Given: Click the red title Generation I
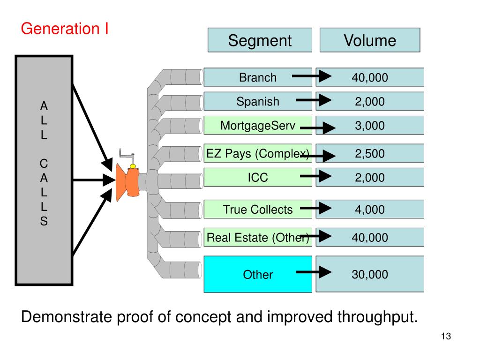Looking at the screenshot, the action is pos(65,29).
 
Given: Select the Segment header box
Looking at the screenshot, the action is pos(260,40).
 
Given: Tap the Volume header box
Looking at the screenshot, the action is pos(370,40).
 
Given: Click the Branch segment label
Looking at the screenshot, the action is pos(258,77).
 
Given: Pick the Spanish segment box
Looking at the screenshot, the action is pos(258,101).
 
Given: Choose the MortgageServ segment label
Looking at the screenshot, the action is pos(258,126).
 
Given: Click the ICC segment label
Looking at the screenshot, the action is pos(258,177).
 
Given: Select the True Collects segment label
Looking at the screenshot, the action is pos(258,210).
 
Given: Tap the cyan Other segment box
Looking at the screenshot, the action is pos(258,274).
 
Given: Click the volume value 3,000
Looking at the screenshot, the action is pos(370,126).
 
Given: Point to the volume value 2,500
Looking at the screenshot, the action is pos(370,153).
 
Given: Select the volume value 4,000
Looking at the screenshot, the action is pos(370,210).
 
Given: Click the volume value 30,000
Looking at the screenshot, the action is pos(370,274).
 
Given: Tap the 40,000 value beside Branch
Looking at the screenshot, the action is pos(370,77).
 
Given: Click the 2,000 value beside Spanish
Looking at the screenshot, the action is pos(370,101).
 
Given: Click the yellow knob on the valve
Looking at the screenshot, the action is pos(133,166).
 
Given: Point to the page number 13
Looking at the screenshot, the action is pos(446,336).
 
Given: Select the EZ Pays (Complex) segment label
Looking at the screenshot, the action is pos(258,153).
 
